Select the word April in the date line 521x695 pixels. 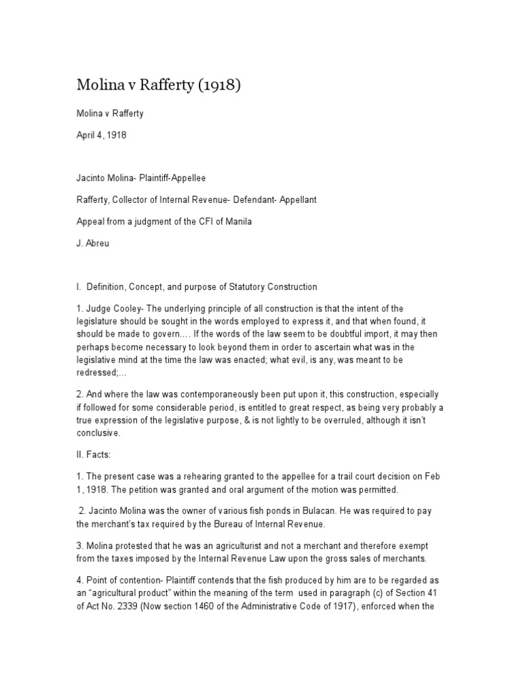coord(87,135)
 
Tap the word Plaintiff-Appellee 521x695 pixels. coord(168,178)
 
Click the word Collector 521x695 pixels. coord(140,200)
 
